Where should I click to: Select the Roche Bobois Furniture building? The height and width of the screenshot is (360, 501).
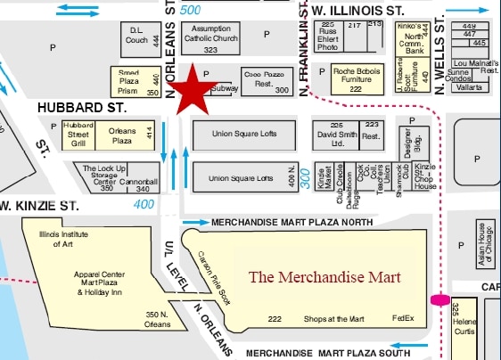pyautogui.click(x=356, y=79)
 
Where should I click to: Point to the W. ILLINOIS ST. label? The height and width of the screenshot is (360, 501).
pyautogui.click(x=357, y=10)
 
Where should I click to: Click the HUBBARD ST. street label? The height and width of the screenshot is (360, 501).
pyautogui.click(x=81, y=107)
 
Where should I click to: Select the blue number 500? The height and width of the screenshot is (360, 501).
pyautogui.click(x=190, y=10)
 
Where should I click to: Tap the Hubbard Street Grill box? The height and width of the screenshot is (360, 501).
pyautogui.click(x=78, y=135)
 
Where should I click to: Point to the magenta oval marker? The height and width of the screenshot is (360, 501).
pyautogui.click(x=439, y=299)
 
